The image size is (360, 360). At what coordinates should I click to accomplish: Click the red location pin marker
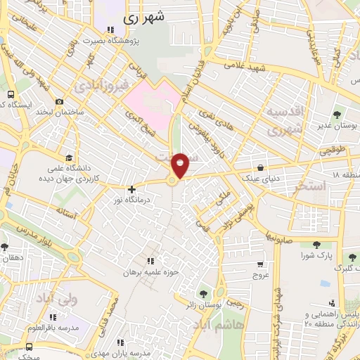pyautogui.click(x=181, y=165)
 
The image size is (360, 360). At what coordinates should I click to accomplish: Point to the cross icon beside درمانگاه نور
pyautogui.click(x=131, y=189)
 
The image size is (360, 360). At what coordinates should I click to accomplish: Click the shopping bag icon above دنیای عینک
pyautogui.click(x=261, y=168)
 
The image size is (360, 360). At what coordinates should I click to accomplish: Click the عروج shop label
pyautogui.click(x=261, y=276)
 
